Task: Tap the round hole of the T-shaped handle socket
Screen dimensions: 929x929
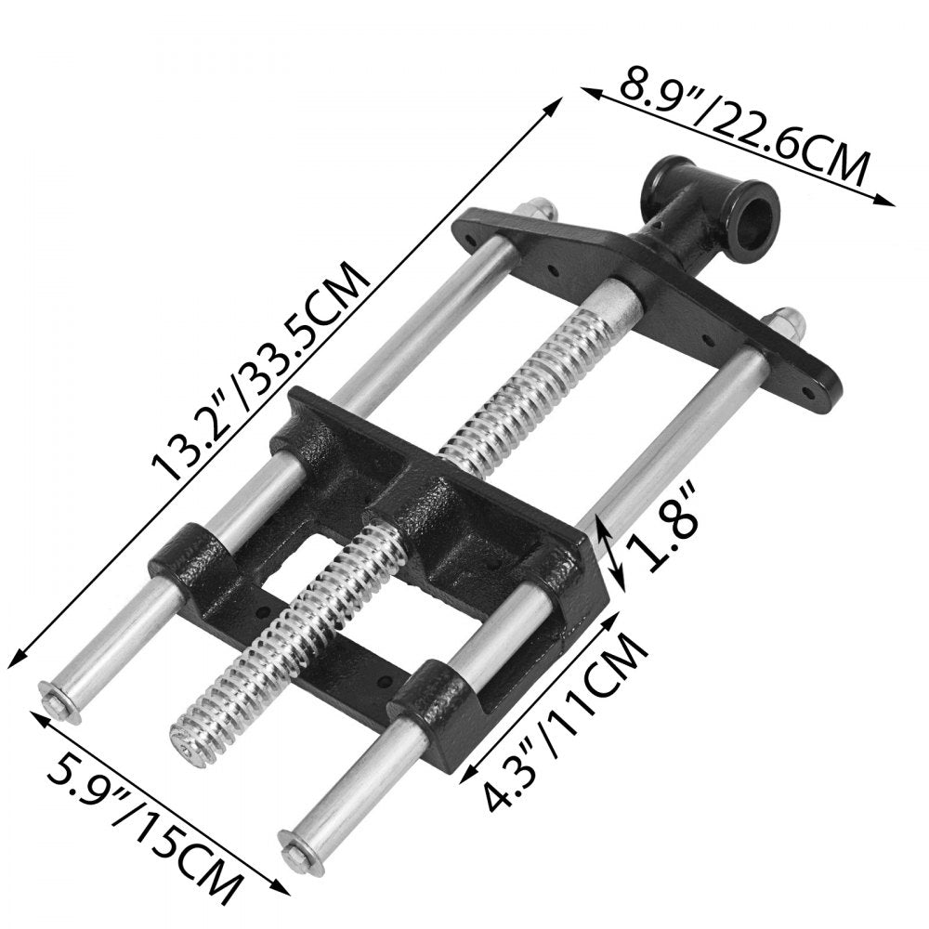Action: [753, 220]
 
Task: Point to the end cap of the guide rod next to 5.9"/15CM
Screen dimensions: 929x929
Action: [58, 699]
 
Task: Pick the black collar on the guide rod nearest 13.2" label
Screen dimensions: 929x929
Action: [190, 558]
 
